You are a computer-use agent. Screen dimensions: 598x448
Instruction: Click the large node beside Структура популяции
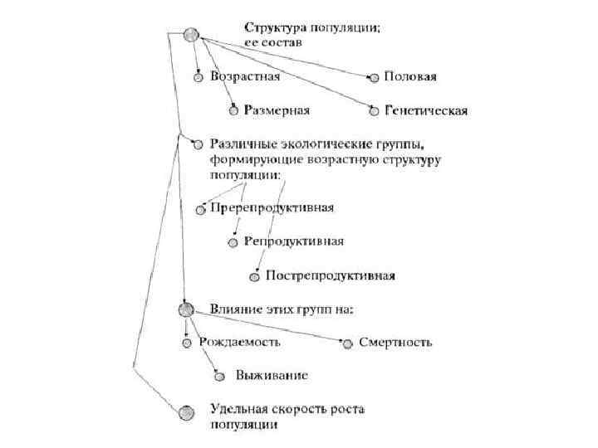click(x=192, y=35)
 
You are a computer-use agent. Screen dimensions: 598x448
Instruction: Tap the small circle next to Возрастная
click(x=198, y=78)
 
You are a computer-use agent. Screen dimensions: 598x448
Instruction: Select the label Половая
click(x=410, y=77)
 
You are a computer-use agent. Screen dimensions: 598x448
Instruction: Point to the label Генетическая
click(x=426, y=110)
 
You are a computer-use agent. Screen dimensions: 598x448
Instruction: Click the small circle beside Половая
click(x=374, y=78)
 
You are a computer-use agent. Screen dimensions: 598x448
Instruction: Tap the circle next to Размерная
click(x=234, y=110)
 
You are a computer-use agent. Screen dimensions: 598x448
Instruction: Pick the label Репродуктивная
click(x=294, y=241)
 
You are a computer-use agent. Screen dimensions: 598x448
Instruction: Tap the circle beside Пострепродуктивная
click(x=255, y=275)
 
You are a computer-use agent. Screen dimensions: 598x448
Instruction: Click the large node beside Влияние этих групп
click(x=185, y=309)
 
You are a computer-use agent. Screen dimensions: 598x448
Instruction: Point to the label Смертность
click(x=396, y=342)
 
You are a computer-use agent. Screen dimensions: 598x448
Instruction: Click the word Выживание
click(x=272, y=375)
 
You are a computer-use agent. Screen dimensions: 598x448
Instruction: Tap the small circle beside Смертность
click(x=348, y=343)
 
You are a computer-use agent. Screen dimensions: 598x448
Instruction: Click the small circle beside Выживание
click(x=219, y=376)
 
